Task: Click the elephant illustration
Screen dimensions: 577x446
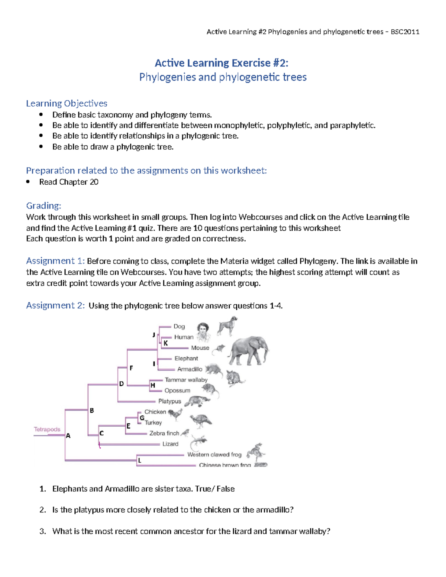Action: [248, 351]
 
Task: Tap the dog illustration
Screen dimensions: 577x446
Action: [227, 326]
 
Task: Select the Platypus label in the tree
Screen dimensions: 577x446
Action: [169, 401]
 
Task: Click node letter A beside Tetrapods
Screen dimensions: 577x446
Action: [68, 436]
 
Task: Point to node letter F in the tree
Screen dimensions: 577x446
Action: [131, 368]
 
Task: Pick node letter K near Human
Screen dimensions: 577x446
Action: [166, 343]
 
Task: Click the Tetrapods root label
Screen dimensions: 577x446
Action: [47, 429]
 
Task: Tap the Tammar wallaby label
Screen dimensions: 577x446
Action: [186, 380]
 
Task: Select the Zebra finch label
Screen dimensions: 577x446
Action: [164, 433]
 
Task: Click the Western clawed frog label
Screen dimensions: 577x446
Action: [214, 454]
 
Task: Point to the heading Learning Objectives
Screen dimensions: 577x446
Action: [67, 103]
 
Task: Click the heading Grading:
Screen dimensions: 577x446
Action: [43, 205]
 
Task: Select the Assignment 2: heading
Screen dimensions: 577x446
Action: [55, 305]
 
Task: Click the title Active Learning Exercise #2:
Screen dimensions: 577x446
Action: [222, 63]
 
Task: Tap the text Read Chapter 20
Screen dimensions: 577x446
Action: [69, 182]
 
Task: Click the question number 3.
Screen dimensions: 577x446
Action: [42, 531]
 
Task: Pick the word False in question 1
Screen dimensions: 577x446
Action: [226, 489]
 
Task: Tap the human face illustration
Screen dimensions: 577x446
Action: [203, 331]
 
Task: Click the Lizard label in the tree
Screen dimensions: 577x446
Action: [170, 444]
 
